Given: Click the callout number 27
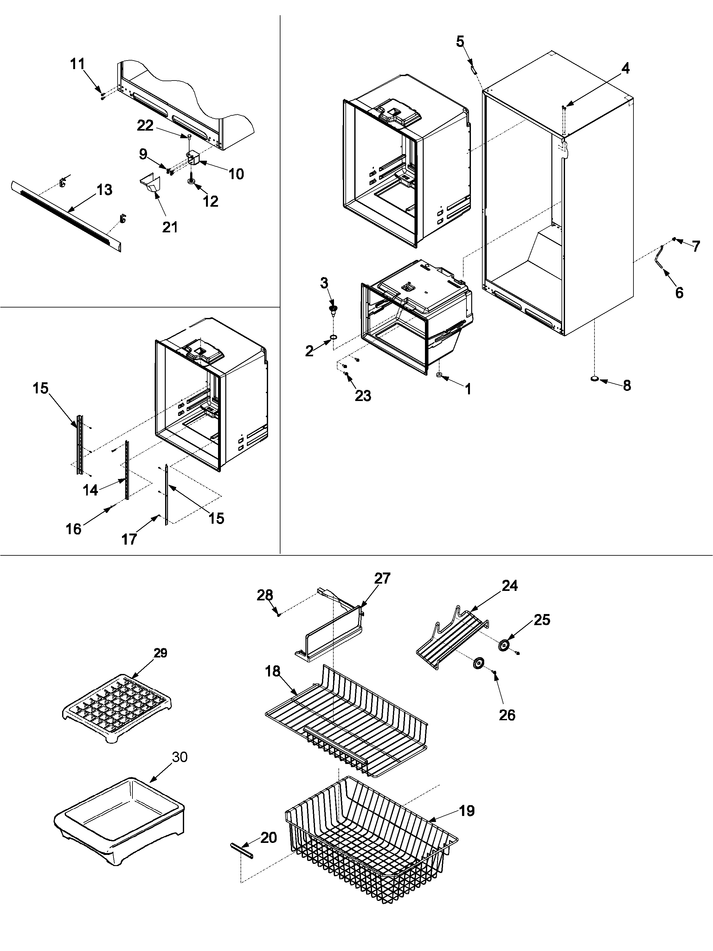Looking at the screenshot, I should (382, 578).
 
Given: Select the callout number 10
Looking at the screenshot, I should (236, 174).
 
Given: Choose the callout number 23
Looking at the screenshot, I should (363, 396).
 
